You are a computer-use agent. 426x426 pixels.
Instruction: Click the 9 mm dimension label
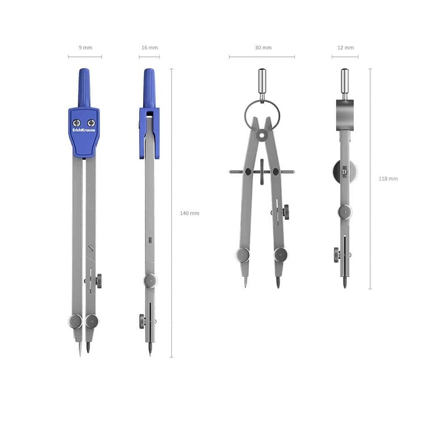click(85, 48)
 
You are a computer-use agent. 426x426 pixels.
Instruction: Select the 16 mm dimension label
click(149, 48)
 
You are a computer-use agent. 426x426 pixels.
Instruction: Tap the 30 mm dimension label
click(262, 48)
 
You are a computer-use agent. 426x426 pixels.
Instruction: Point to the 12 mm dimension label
click(345, 48)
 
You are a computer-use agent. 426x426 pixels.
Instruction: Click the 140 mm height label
click(190, 213)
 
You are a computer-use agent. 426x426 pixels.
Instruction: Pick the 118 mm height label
click(389, 178)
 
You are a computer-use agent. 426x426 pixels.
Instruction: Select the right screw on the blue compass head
click(91, 123)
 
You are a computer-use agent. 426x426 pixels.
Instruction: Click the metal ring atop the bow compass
click(262, 114)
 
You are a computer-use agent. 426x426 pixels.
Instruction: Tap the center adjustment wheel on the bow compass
click(262, 171)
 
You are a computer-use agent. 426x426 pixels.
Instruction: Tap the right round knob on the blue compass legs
click(91, 321)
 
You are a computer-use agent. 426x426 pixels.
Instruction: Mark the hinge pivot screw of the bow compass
click(262, 135)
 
